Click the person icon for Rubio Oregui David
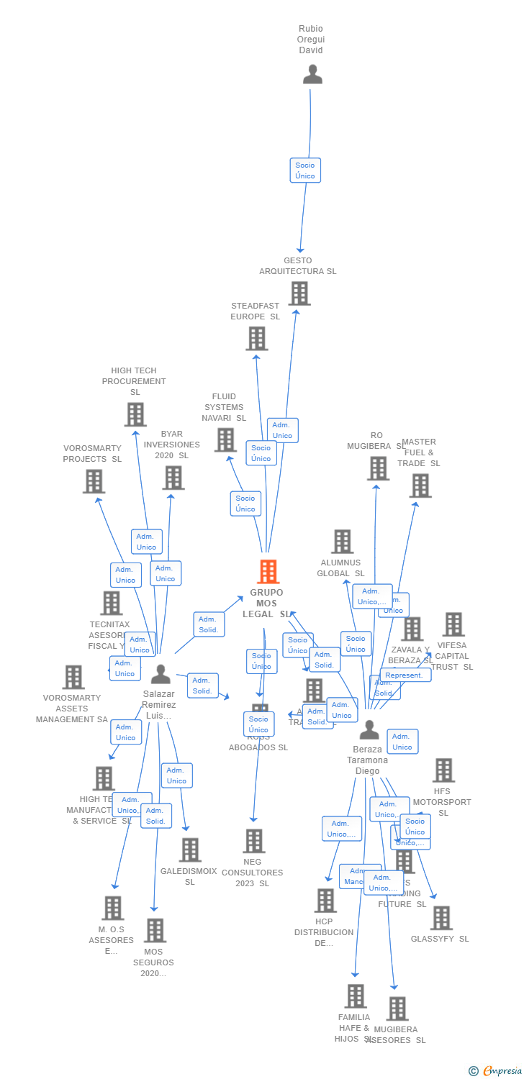point(312,74)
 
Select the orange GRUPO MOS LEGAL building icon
point(268,572)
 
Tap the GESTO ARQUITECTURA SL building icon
point(299,293)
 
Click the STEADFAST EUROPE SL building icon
point(256,338)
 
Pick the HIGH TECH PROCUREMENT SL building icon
point(135,414)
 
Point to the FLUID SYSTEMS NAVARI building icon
point(225,440)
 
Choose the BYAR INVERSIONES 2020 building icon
point(173,478)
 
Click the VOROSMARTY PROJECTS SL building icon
point(94,481)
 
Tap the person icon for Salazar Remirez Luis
point(161,674)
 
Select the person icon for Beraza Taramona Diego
point(369,730)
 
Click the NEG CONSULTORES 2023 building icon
point(253,841)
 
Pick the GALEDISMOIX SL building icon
point(190,850)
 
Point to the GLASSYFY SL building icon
point(441,918)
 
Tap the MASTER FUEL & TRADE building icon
point(420,486)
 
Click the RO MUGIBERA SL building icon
point(377,468)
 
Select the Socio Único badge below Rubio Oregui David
point(305,170)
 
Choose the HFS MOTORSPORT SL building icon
point(443,770)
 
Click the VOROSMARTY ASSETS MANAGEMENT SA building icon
point(73,677)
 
